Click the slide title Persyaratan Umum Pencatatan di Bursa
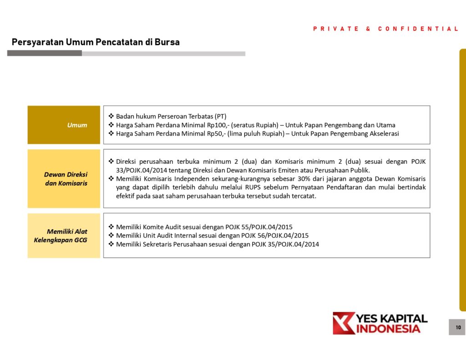96,42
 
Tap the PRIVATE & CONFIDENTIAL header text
386,29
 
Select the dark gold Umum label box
64,125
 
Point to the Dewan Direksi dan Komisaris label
66,179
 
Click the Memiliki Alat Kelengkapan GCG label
61,236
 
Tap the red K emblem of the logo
343,323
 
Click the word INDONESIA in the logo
388,329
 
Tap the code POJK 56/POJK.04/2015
275,236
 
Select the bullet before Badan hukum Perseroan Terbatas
111,116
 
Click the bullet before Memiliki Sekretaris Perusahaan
111,244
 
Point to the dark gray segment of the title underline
45,53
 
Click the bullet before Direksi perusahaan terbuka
111,162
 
